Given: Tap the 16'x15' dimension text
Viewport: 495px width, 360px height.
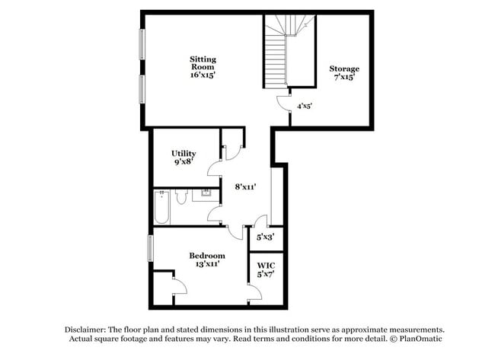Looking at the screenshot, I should pyautogui.click(x=203, y=75).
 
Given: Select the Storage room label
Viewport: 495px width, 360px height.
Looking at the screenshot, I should pyautogui.click(x=344, y=69).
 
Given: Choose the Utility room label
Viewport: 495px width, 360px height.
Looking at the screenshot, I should pyautogui.click(x=184, y=153).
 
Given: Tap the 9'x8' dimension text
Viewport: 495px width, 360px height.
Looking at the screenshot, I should pyautogui.click(x=184, y=162).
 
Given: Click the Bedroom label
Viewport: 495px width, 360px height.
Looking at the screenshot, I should pyautogui.click(x=207, y=255).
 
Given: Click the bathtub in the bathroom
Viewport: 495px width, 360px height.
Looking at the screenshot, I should pyautogui.click(x=161, y=207).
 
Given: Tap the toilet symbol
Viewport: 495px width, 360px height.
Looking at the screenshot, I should pyautogui.click(x=181, y=198).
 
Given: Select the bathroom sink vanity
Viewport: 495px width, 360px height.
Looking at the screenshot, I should pyautogui.click(x=201, y=196).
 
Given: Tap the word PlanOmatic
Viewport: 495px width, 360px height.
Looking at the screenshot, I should pyautogui.click(x=420, y=339).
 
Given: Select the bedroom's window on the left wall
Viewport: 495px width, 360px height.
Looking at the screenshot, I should pyautogui.click(x=150, y=249).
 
